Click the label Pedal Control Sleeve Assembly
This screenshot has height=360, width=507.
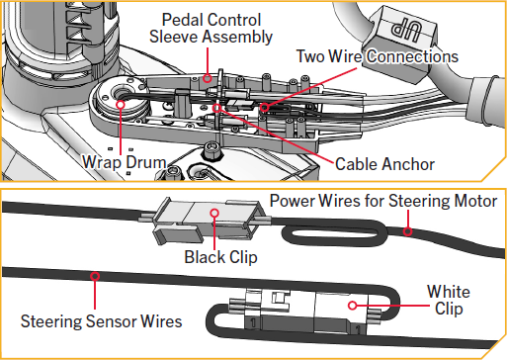(211, 28)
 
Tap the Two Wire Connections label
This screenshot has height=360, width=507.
(378, 56)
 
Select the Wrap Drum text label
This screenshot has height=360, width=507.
(125, 162)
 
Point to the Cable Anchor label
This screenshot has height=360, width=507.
(384, 164)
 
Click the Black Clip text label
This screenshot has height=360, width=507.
(220, 257)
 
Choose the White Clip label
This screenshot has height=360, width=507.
(449, 301)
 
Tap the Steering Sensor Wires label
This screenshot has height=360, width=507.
(101, 321)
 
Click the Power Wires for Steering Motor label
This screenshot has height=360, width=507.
(383, 201)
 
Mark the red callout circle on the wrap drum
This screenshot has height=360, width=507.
(121, 105)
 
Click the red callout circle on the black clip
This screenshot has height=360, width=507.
(214, 213)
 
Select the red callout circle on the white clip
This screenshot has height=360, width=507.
(352, 306)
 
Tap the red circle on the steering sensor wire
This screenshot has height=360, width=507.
(95, 276)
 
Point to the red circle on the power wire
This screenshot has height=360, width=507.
(408, 231)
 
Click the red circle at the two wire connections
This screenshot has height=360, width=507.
(264, 107)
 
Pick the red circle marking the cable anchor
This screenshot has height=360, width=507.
(216, 108)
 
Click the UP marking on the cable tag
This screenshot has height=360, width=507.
(406, 32)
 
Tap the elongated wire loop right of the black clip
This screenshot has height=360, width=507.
(334, 225)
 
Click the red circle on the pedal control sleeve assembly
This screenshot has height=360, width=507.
(207, 78)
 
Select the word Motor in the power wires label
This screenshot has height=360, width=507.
(475, 201)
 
